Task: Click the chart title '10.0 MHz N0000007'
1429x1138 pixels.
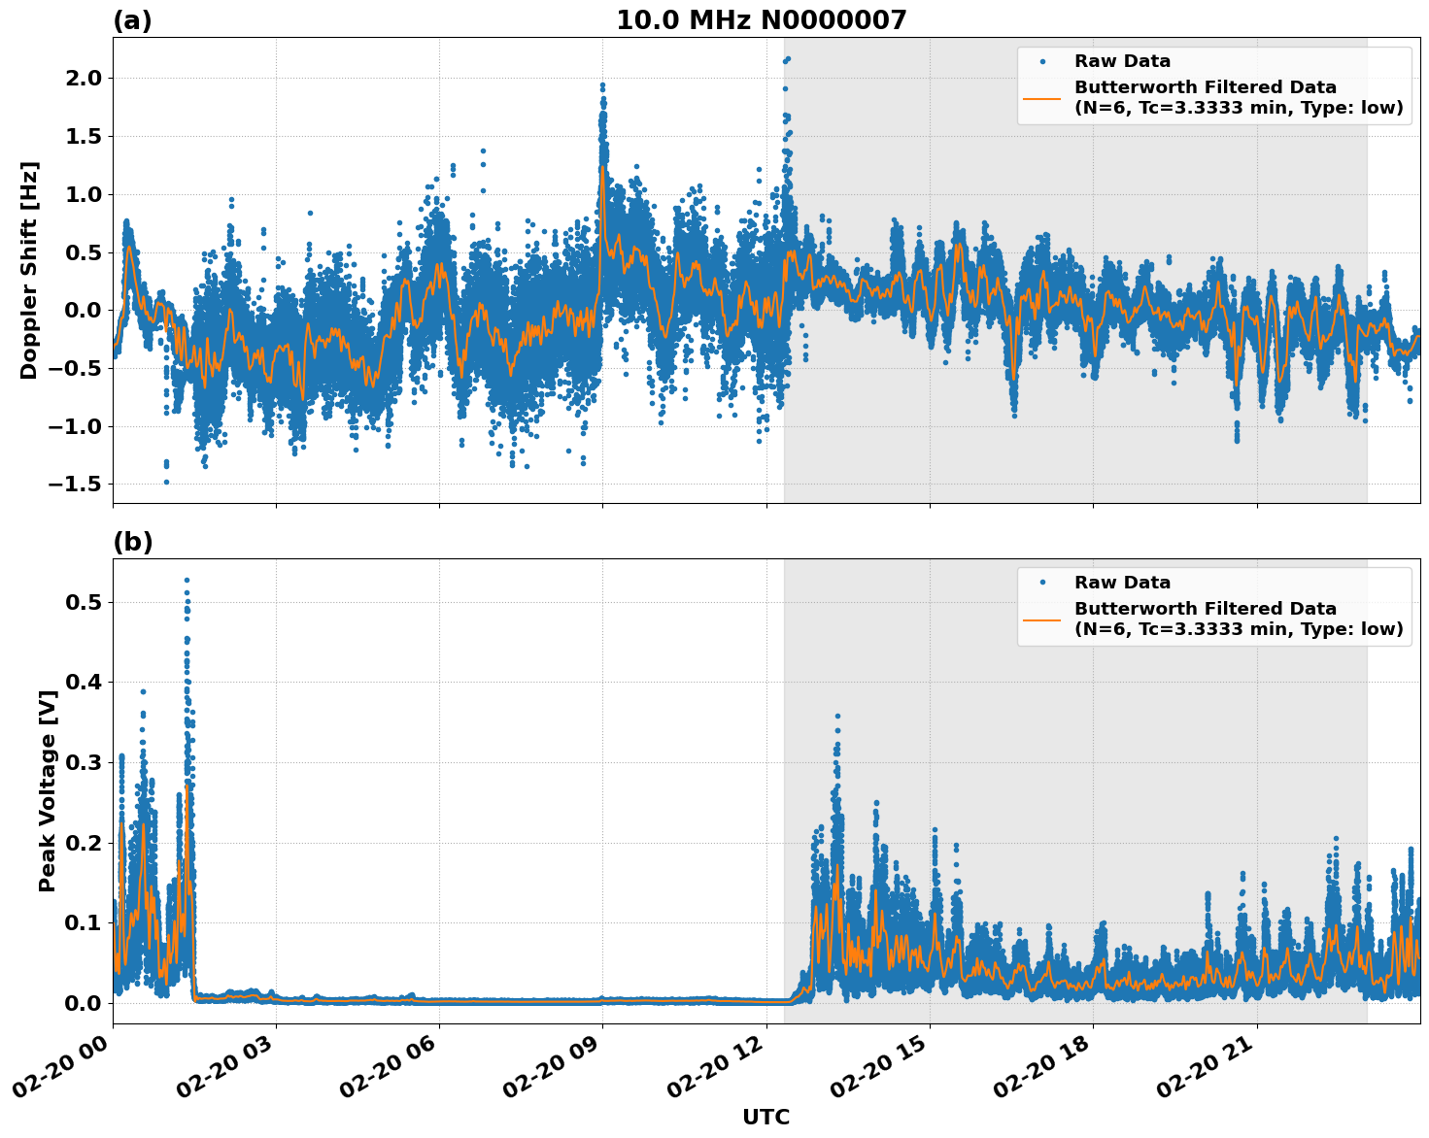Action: point(761,20)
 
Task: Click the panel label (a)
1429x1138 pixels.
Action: point(132,20)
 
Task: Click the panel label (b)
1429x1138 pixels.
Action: point(132,542)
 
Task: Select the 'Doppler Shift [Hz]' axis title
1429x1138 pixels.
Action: point(29,270)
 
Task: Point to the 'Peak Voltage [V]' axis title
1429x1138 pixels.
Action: point(47,790)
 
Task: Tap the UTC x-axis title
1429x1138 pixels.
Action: point(766,1117)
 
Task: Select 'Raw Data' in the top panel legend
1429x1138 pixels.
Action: point(1122,61)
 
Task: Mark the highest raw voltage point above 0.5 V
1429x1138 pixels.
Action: point(187,581)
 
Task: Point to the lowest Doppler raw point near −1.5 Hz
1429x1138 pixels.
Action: point(166,482)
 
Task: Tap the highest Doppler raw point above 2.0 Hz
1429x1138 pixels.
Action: point(788,58)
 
